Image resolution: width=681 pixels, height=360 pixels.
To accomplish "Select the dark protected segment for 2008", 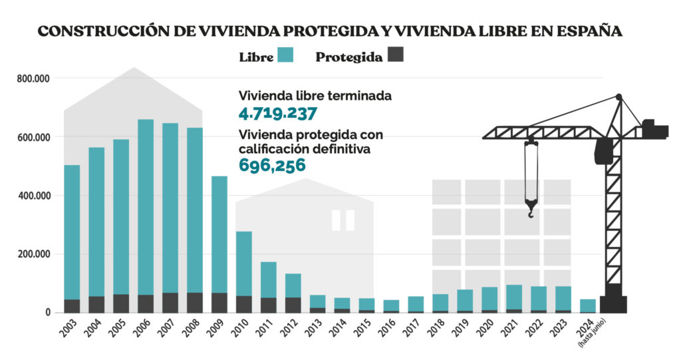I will [x=195, y=302].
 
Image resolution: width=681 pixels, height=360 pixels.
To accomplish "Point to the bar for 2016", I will [x=391, y=306].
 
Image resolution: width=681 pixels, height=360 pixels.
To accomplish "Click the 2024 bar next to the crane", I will [x=587, y=305].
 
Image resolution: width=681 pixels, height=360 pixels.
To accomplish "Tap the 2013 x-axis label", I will [x=316, y=327].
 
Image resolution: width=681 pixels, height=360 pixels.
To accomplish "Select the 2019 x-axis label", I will [x=464, y=327].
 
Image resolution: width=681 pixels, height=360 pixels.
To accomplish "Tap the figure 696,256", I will [x=272, y=165].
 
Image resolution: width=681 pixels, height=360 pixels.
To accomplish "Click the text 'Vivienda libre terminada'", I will [x=315, y=95].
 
